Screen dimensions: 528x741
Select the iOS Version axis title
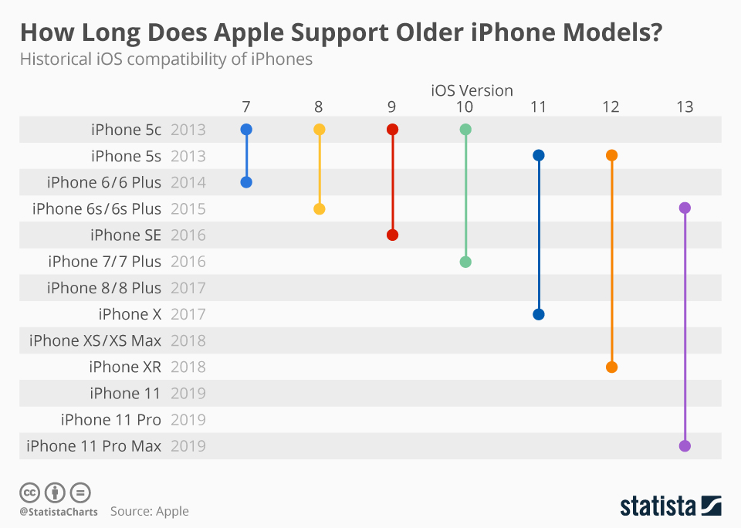coord(472,90)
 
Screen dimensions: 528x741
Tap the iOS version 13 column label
coord(685,107)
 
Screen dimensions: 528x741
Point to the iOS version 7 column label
coord(245,107)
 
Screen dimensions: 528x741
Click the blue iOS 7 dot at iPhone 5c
coord(246,130)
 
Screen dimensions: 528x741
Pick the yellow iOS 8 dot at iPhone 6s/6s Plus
coord(320,208)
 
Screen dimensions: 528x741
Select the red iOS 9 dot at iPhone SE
coord(392,235)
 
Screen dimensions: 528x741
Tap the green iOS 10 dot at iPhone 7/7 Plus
coord(465,262)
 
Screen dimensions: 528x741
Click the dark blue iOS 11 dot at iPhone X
coord(539,314)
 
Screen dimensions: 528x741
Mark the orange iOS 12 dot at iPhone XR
coord(612,367)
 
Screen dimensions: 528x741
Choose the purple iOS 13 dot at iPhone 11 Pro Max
coord(685,445)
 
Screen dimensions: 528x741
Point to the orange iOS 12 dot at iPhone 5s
coord(612,156)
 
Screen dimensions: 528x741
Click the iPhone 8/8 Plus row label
coord(104,288)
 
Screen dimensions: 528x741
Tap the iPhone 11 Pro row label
coord(111,419)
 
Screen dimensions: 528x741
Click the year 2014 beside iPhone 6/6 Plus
coord(188,182)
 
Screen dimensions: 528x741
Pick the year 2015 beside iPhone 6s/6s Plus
coord(188,208)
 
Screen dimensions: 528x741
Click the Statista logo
coord(671,506)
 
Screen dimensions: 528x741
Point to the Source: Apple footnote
coord(149,511)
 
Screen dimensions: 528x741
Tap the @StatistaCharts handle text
coord(59,511)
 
